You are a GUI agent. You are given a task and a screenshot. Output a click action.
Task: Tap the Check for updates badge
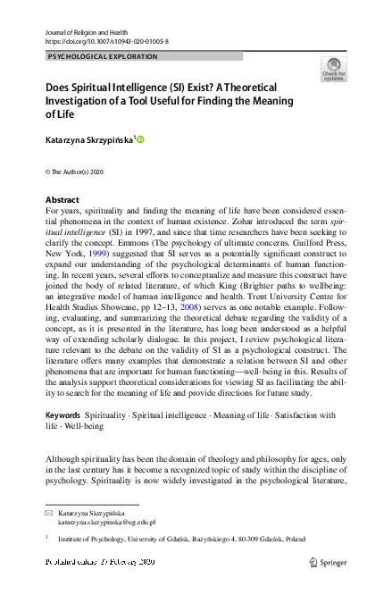click(x=333, y=71)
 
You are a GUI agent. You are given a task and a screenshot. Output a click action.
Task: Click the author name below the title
click(x=88, y=140)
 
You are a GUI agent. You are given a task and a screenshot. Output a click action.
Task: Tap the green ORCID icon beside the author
click(x=139, y=139)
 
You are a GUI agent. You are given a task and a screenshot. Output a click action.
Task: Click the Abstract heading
click(x=62, y=199)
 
